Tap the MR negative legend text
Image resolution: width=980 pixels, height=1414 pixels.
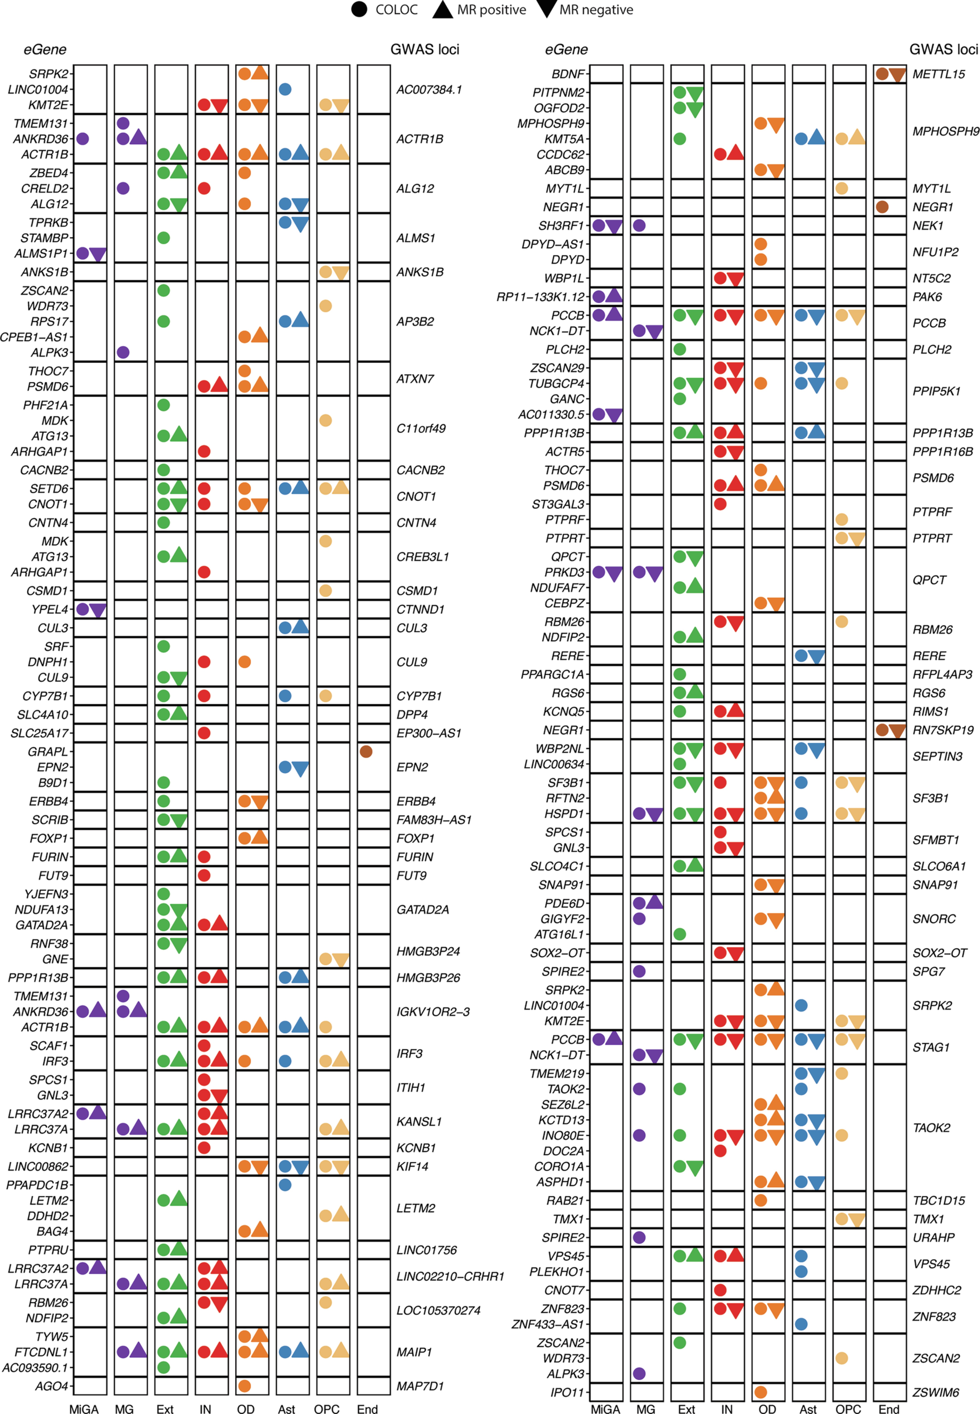coord(596,10)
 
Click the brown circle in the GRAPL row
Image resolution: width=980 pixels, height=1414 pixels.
coord(366,752)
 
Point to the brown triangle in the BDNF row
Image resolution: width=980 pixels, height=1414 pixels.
coord(898,75)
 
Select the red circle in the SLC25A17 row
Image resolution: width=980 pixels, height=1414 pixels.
coord(205,733)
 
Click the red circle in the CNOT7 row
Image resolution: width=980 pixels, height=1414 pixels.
coord(720,1290)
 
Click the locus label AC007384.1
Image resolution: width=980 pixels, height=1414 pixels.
coord(429,90)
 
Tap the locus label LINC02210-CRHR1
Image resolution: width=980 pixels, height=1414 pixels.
coord(450,1277)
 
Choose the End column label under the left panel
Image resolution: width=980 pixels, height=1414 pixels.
coord(367,1409)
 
